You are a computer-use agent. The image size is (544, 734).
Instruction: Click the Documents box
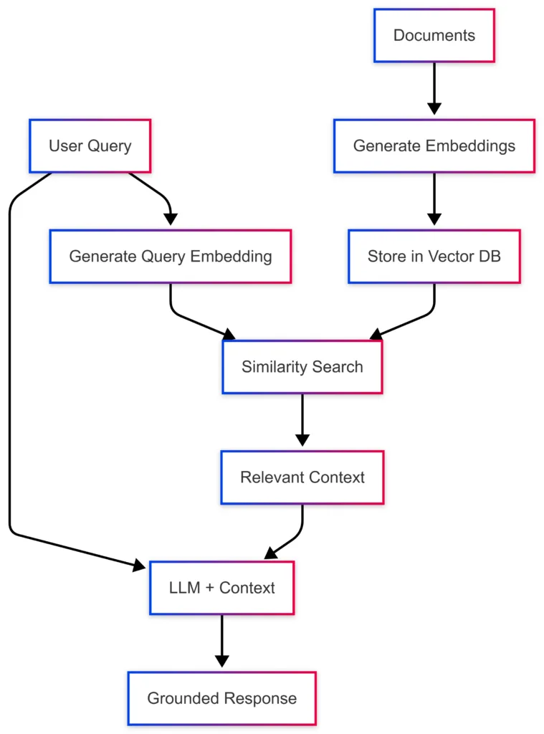point(434,35)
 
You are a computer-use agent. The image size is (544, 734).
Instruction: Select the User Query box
point(90,146)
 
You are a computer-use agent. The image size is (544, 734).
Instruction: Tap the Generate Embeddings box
point(434,146)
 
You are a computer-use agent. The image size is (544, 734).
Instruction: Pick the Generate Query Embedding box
point(170,257)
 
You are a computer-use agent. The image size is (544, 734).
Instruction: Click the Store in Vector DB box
point(434,257)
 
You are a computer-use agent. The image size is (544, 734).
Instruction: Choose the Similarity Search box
point(302,367)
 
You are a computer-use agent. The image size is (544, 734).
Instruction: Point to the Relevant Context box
point(302,477)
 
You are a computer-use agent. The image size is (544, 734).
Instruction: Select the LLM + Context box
point(221,588)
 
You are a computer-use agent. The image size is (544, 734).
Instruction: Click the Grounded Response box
point(221,698)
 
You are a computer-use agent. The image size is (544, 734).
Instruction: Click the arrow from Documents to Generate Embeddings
point(434,86)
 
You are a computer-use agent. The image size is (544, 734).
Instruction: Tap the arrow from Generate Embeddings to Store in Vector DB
point(434,197)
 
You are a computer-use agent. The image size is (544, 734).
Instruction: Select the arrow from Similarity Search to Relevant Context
point(302,419)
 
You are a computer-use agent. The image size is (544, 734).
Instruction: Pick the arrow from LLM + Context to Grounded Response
point(221,639)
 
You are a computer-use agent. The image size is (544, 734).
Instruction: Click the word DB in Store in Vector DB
point(490,257)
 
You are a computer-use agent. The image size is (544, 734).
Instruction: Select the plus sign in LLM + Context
point(209,588)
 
